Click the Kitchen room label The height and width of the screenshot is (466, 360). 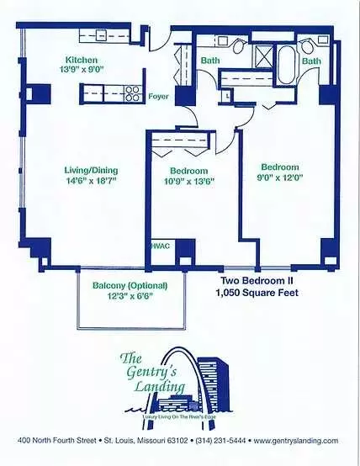pyautogui.click(x=81, y=60)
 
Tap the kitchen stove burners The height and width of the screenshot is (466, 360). pyautogui.click(x=133, y=93)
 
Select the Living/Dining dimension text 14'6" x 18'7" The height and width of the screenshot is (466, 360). pyautogui.click(x=91, y=181)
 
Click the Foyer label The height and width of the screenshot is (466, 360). pyautogui.click(x=158, y=96)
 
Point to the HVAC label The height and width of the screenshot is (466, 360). pyautogui.click(x=161, y=246)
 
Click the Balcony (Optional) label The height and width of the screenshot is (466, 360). pyautogui.click(x=130, y=286)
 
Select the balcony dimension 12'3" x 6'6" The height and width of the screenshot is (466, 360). pyautogui.click(x=129, y=296)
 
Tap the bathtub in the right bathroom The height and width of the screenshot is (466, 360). pyautogui.click(x=287, y=65)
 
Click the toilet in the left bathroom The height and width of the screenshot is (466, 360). pyautogui.click(x=239, y=46)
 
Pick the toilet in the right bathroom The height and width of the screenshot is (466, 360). pyautogui.click(x=307, y=46)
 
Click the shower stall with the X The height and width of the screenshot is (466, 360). pyautogui.click(x=262, y=56)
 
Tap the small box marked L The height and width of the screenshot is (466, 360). pyautogui.click(x=227, y=96)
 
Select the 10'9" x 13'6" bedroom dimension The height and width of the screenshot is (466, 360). pyautogui.click(x=189, y=181)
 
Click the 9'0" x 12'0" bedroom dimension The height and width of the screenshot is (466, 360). pyautogui.click(x=280, y=177)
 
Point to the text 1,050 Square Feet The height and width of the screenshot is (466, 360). pyautogui.click(x=257, y=293)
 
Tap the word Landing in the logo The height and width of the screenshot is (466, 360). pyautogui.click(x=160, y=387)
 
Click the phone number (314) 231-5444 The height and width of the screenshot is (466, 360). pyautogui.click(x=220, y=441)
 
